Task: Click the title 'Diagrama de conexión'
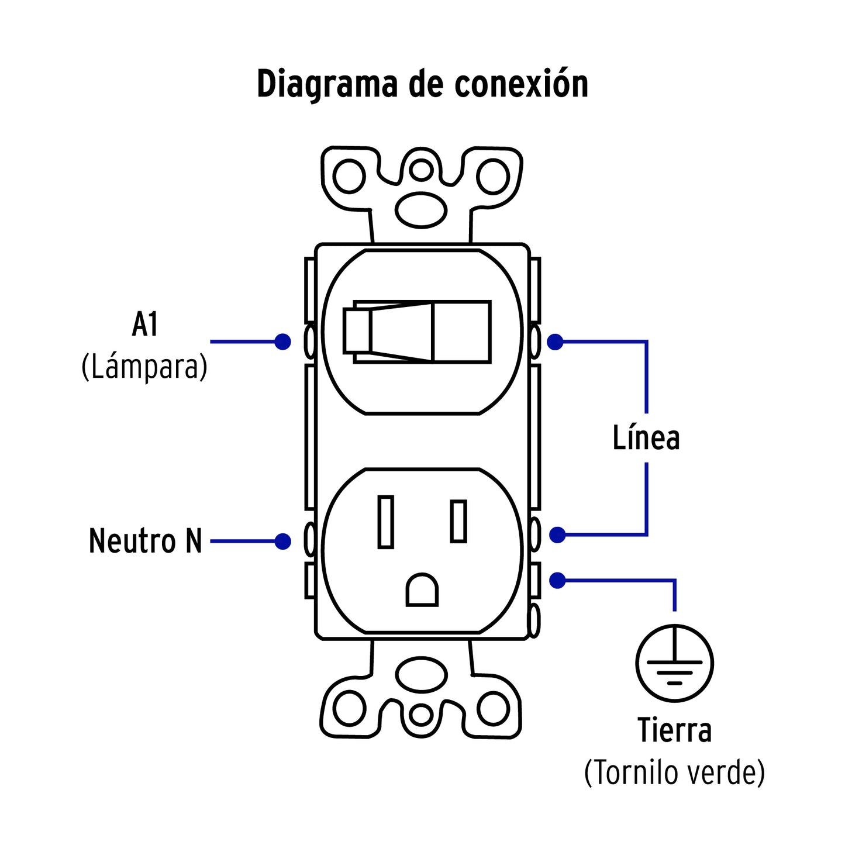click(422, 84)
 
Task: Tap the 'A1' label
click(144, 325)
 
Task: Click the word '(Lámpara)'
click(144, 367)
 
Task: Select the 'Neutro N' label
click(145, 541)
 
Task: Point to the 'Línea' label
click(646, 438)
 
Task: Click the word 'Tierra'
click(674, 730)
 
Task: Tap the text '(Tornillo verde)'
click(674, 772)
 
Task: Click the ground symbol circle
click(674, 663)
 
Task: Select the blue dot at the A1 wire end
click(282, 342)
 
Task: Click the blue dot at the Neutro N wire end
click(282, 542)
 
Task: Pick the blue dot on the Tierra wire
click(557, 581)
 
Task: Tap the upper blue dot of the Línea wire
click(555, 342)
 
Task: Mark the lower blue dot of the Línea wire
click(557, 534)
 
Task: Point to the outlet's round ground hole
click(422, 590)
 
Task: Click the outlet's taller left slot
click(385, 521)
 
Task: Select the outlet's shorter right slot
click(458, 521)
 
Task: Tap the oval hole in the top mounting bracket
click(421, 209)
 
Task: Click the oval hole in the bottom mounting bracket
click(421, 675)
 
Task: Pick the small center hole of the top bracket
click(421, 170)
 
